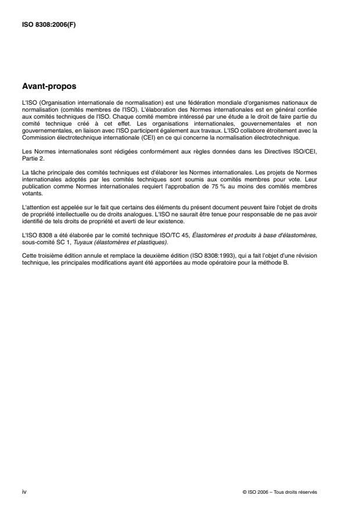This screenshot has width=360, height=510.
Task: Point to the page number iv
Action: pos(24,491)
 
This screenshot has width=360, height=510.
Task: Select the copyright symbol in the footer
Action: pos(245,492)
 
